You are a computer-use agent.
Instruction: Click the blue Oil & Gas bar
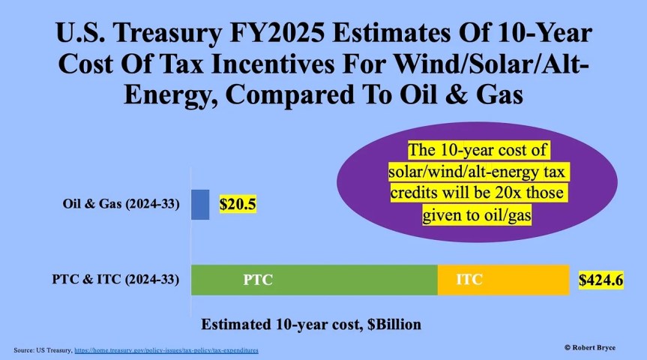click(x=200, y=204)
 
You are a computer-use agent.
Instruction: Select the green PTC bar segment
click(x=314, y=280)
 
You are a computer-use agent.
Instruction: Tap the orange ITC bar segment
click(x=503, y=280)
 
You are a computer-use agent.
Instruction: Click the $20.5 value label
click(x=238, y=203)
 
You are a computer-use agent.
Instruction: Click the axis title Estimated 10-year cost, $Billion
click(x=311, y=325)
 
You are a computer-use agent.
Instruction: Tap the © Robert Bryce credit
click(x=599, y=349)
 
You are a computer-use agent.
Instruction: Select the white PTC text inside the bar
click(x=258, y=280)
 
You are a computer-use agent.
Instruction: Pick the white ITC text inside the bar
click(x=469, y=280)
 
